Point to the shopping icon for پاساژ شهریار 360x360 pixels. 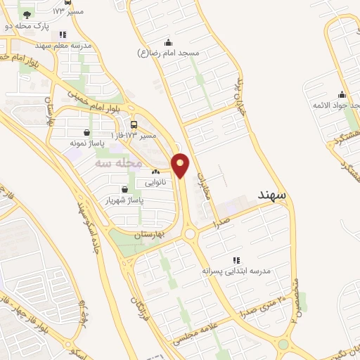pyautogui.click(x=124, y=189)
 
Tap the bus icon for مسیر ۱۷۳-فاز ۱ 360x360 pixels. pyautogui.click(x=134, y=124)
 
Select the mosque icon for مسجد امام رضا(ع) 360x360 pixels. pyautogui.click(x=167, y=41)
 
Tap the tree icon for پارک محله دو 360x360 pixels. pyautogui.click(x=27, y=15)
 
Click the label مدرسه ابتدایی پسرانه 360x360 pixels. pyautogui.click(x=236, y=270)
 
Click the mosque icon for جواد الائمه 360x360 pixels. pyautogui.click(x=342, y=95)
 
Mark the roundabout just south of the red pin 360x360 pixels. pyautogui.click(x=191, y=233)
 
